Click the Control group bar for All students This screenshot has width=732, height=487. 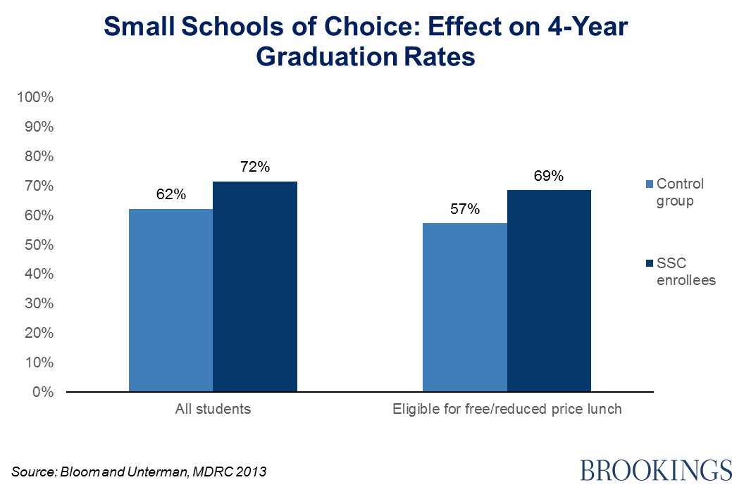[x=170, y=300]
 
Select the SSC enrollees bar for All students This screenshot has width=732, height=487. [x=254, y=286]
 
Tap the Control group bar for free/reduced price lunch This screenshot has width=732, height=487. [x=464, y=307]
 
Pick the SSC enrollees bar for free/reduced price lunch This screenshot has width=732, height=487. [x=549, y=291]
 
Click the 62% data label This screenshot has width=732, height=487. [x=171, y=195]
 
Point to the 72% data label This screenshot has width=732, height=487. [x=255, y=167]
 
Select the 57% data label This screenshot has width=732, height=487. [x=465, y=209]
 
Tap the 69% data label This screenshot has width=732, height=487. [x=549, y=176]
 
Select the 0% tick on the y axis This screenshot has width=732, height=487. [x=44, y=392]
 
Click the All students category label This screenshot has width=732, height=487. [x=213, y=409]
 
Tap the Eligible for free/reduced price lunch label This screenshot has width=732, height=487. [x=507, y=409]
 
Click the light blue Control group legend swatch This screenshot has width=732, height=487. [x=649, y=184]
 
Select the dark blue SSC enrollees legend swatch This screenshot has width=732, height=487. [x=649, y=263]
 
